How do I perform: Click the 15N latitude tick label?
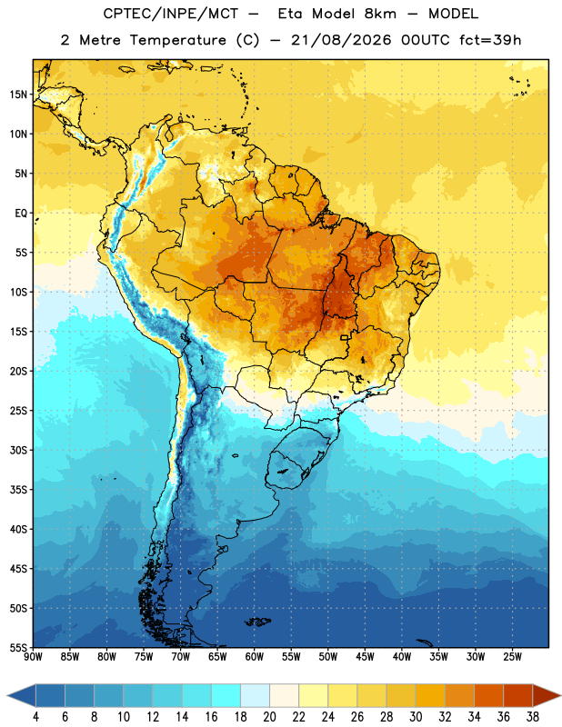(18, 95)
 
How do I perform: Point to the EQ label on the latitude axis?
(21, 214)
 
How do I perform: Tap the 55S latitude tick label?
(18, 647)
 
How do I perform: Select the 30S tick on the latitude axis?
(18, 450)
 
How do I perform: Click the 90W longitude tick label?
(33, 656)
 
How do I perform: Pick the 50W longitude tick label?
(327, 656)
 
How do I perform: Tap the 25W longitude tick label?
(512, 656)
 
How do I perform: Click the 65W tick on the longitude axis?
(217, 656)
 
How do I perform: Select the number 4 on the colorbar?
(35, 717)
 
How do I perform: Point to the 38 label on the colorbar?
(532, 717)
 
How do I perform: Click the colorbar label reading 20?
(269, 717)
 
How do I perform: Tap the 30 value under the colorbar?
(416, 717)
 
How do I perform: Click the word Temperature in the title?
(177, 40)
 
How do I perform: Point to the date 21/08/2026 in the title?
(341, 40)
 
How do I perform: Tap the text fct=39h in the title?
(490, 40)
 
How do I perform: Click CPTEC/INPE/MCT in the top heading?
(170, 14)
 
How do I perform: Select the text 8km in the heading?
(380, 14)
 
